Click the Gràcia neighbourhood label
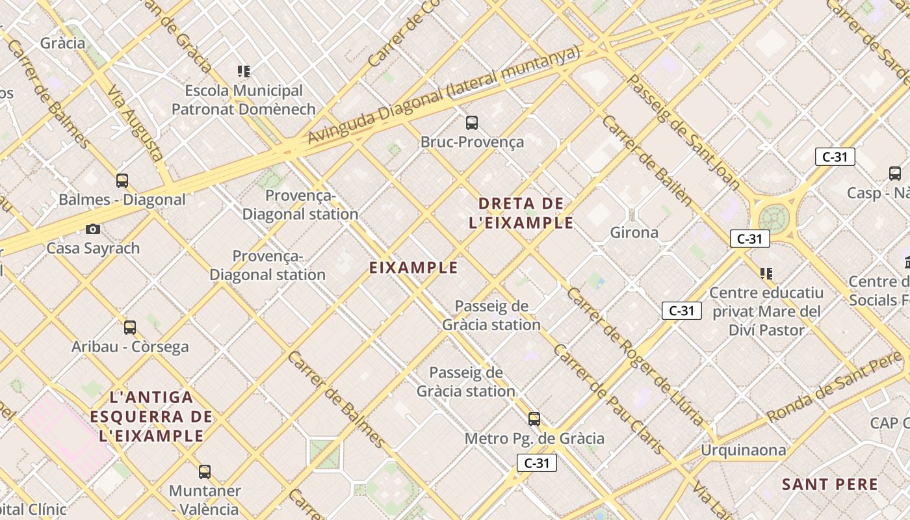click(62, 43)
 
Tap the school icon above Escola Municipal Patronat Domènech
click(244, 71)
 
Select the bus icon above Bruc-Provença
click(472, 122)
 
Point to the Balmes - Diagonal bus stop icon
click(122, 180)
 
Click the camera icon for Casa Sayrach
click(93, 229)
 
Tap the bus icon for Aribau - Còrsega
click(130, 327)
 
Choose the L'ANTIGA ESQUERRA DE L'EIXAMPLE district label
click(151, 416)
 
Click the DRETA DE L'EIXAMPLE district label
click(521, 213)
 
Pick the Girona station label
click(634, 232)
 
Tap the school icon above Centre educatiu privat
click(766, 274)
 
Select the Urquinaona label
click(743, 450)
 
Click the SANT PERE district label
click(830, 484)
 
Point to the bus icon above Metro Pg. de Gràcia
click(534, 419)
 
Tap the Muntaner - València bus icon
click(205, 471)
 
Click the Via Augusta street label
click(135, 123)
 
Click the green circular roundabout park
click(774, 217)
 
